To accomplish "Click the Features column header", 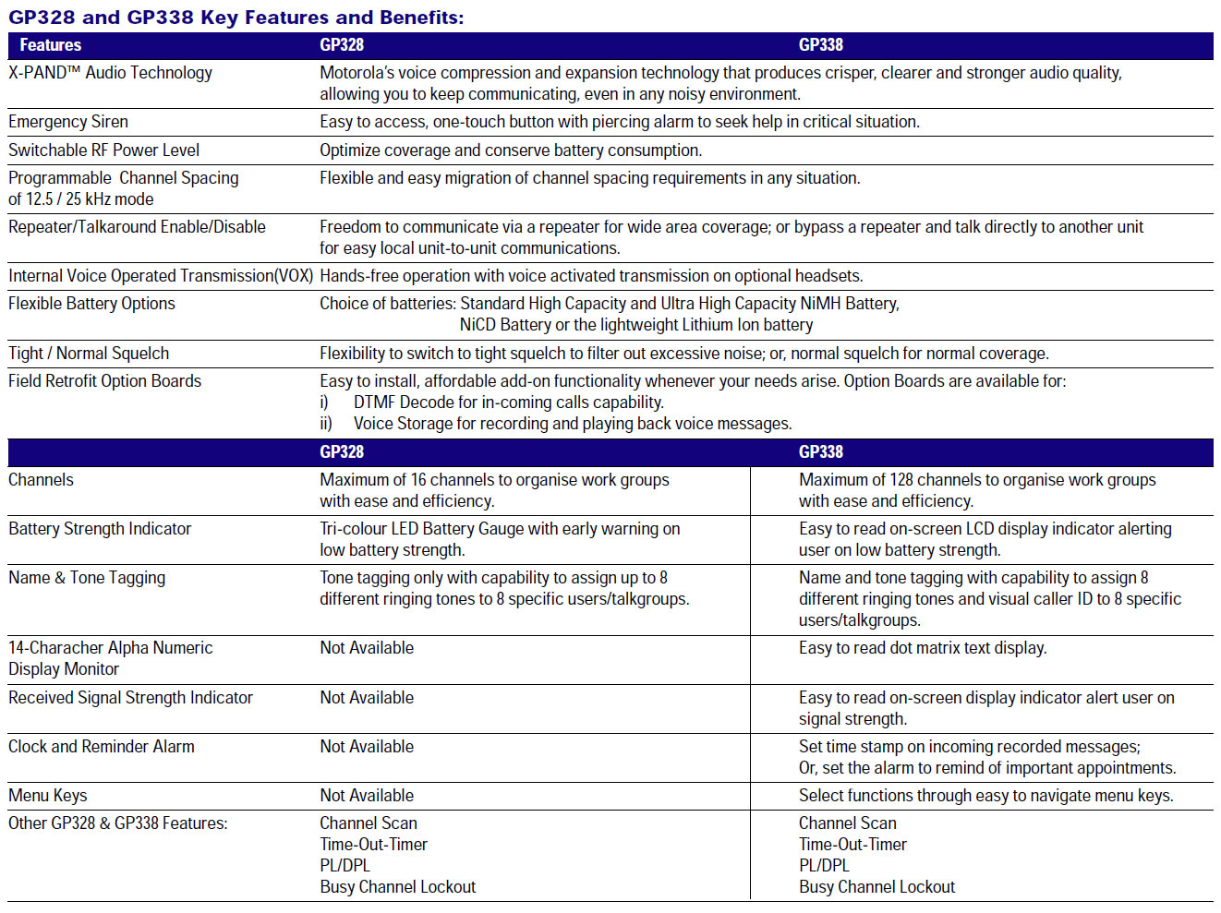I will click(x=51, y=45).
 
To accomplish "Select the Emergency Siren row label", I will click(x=68, y=122).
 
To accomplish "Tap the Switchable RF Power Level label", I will click(x=103, y=150).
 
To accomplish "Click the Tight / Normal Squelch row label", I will click(x=89, y=354).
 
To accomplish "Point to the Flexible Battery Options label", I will click(x=91, y=304).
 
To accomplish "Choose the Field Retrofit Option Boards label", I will click(x=104, y=381).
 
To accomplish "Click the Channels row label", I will click(x=41, y=480).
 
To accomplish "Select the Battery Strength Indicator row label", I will click(x=100, y=529).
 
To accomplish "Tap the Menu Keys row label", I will click(x=48, y=796).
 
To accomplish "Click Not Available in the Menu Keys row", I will click(x=367, y=796).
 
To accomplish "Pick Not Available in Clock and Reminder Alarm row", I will click(x=367, y=747).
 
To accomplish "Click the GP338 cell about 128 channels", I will click(x=976, y=490).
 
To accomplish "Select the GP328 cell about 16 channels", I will click(x=494, y=490).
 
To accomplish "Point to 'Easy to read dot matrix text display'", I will click(x=922, y=648).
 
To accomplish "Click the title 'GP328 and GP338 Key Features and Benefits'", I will click(x=236, y=18).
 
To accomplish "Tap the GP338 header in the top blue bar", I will click(x=820, y=45).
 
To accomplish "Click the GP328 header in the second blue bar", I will click(x=342, y=452).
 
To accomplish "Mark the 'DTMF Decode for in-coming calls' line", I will click(x=508, y=402).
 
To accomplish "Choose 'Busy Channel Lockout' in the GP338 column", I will click(x=876, y=887).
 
